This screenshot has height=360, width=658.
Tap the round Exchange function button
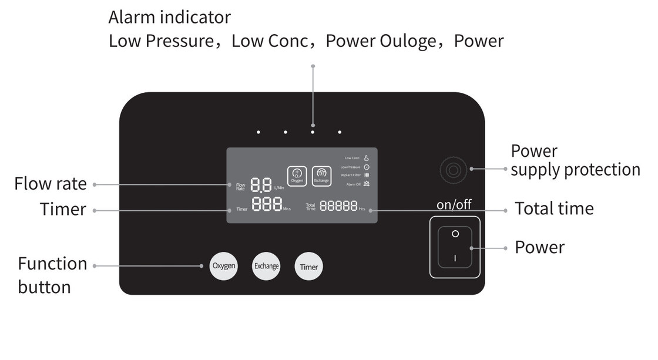[266, 266]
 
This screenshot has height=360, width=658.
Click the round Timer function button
[308, 267]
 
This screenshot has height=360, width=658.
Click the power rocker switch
[455, 247]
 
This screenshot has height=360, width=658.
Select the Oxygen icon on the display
[297, 175]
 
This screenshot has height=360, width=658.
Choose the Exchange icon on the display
[321, 175]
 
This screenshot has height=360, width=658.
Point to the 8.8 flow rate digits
[260, 185]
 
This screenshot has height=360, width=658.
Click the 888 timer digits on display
[266, 206]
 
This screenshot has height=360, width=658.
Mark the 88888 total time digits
[338, 206]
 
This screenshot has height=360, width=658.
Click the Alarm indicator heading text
[169, 18]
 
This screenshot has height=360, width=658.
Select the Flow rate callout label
[51, 184]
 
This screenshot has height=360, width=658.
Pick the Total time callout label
[554, 208]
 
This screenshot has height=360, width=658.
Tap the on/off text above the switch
[454, 205]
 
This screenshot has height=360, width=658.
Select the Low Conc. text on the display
[352, 158]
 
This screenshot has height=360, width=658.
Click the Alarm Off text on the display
[354, 184]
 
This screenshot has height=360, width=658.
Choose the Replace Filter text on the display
[351, 175]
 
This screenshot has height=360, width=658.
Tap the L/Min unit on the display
[279, 188]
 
